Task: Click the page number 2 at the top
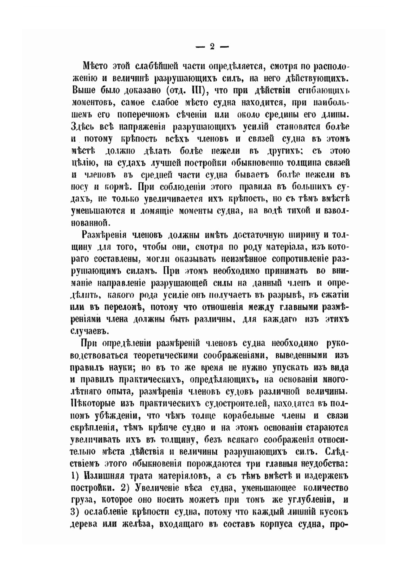click(212, 46)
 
